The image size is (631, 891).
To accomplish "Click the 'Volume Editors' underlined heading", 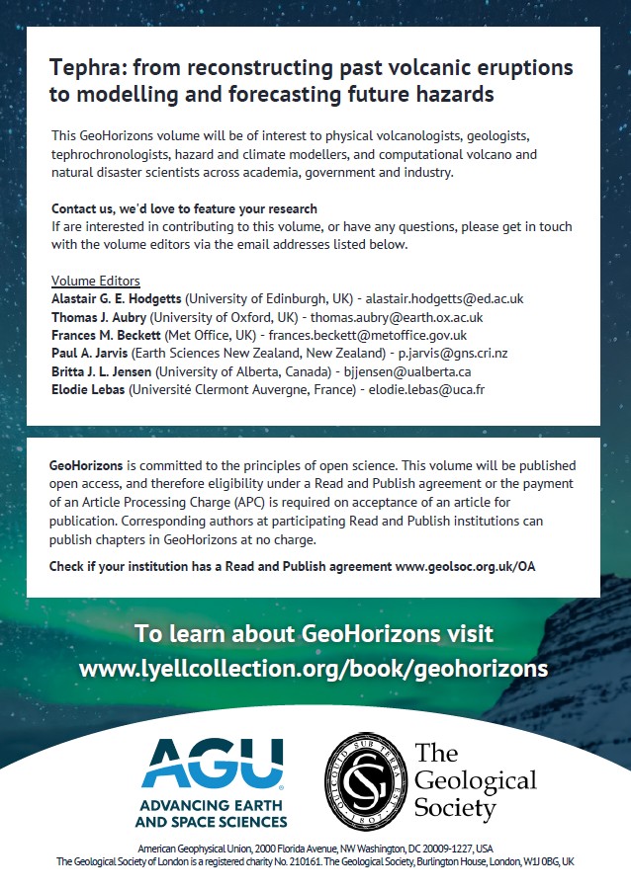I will [96, 281].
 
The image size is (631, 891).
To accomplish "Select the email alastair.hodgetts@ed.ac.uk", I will [445, 298].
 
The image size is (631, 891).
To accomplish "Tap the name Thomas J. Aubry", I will [104, 317].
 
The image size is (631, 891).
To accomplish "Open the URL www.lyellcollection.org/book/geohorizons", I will [314, 668].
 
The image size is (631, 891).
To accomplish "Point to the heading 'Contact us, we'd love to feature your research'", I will [184, 208].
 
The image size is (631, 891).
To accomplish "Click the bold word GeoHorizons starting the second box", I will [87, 464].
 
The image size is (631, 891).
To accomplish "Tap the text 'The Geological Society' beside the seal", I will [474, 780].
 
